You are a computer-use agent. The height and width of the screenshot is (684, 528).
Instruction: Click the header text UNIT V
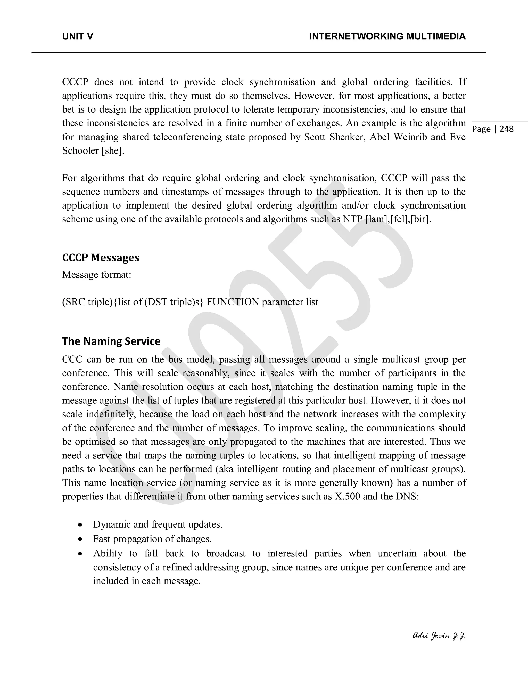tap(78, 37)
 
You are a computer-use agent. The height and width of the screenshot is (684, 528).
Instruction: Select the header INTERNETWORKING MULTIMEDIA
tap(387, 37)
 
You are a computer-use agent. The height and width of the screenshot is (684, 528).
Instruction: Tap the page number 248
tap(506, 129)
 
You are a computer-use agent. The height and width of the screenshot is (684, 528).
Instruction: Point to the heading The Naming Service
tap(111, 341)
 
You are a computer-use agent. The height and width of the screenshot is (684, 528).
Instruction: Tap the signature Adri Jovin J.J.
tap(439, 635)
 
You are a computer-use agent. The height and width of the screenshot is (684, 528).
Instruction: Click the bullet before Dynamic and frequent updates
tap(81, 524)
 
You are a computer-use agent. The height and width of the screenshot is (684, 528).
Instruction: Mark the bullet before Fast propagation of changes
tap(81, 539)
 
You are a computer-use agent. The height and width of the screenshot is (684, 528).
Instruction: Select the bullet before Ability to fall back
tap(81, 554)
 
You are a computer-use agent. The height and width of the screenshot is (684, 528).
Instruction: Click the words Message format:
tap(97, 275)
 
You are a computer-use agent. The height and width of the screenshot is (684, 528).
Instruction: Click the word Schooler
tap(80, 151)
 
